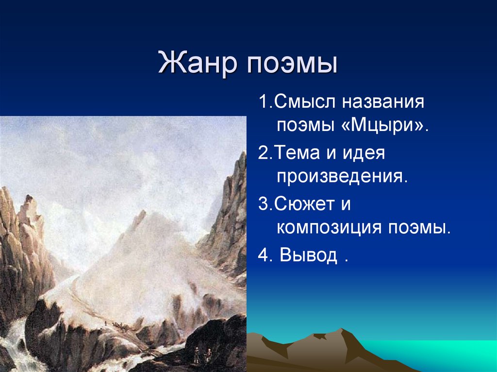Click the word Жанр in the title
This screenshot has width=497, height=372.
click(x=194, y=64)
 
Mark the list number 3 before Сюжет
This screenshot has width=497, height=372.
click(x=263, y=204)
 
